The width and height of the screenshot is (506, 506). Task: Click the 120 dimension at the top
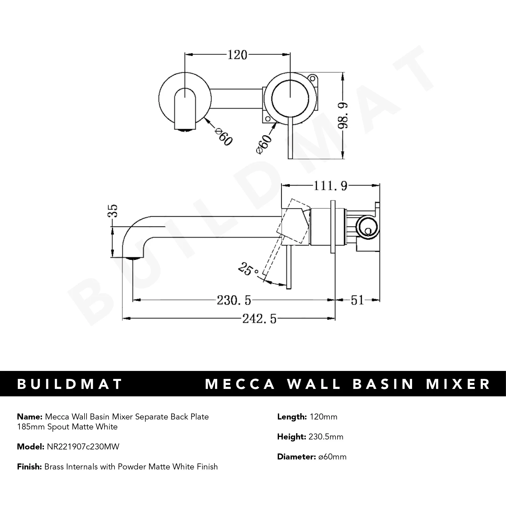[237, 55]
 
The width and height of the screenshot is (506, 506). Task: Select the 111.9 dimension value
[330, 186]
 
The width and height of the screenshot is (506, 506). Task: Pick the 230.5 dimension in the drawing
[234, 300]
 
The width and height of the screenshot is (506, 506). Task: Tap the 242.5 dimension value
[259, 318]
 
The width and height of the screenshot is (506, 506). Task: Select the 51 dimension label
[357, 300]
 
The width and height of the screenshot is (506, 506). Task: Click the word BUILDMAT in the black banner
[70, 384]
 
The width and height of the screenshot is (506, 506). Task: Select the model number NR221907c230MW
[83, 447]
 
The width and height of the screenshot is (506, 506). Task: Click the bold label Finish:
[29, 467]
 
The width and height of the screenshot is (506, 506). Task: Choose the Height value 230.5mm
[326, 437]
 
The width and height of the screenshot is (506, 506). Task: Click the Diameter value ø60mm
[332, 457]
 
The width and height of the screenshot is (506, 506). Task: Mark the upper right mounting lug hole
[313, 79]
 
